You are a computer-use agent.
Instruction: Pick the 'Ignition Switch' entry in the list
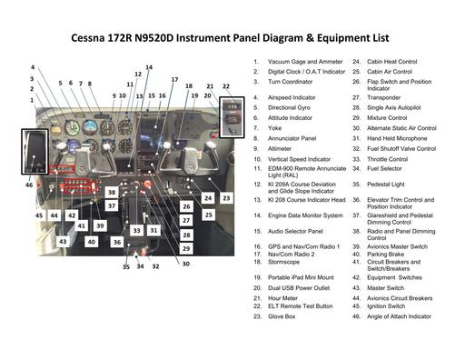[386, 306]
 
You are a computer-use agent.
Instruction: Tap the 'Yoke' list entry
[276, 128]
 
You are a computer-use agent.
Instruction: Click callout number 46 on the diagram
[29, 185]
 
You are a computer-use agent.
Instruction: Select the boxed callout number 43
[63, 242]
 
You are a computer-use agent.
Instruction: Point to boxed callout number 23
[226, 197]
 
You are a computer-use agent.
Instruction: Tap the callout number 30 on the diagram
[185, 264]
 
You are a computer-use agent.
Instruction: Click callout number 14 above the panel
[149, 67]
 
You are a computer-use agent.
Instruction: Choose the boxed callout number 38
[111, 193]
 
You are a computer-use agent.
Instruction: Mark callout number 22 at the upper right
[226, 87]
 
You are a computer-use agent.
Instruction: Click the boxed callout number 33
[136, 231]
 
